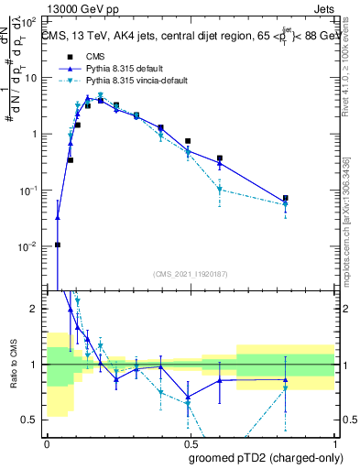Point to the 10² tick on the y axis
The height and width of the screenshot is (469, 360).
(x=30, y=20)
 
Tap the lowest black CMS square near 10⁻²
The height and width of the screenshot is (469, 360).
(x=58, y=245)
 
